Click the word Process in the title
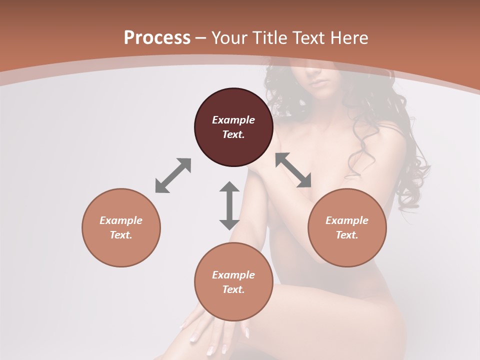click(157, 38)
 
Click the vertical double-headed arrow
click(229, 205)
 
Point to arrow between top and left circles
click(173, 175)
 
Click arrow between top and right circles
click(293, 170)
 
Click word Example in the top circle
click(233, 120)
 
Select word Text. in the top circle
click(233, 134)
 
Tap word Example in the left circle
click(121, 220)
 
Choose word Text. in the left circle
click(121, 235)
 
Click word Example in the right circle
click(347, 220)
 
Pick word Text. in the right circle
click(347, 235)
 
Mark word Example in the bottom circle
click(233, 275)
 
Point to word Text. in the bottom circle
click(233, 289)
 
